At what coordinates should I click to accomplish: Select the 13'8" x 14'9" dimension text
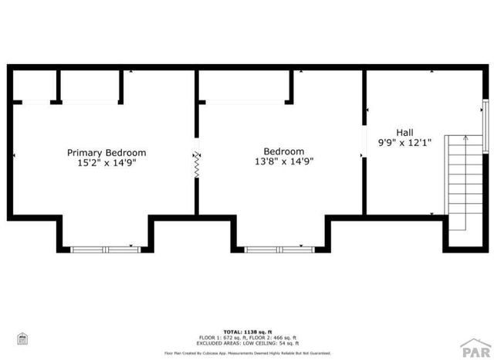(x=283, y=162)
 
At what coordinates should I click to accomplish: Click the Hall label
(x=404, y=132)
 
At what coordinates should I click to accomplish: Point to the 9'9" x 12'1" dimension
(x=404, y=143)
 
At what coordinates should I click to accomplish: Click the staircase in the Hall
(x=457, y=185)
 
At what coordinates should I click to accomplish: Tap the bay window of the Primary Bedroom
(x=101, y=249)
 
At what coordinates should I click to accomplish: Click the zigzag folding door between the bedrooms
(x=196, y=164)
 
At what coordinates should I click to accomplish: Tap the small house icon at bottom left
(x=23, y=338)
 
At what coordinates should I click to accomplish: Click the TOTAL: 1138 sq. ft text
(x=247, y=331)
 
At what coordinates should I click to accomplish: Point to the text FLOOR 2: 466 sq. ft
(x=273, y=337)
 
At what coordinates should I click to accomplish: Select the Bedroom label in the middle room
(x=283, y=151)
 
